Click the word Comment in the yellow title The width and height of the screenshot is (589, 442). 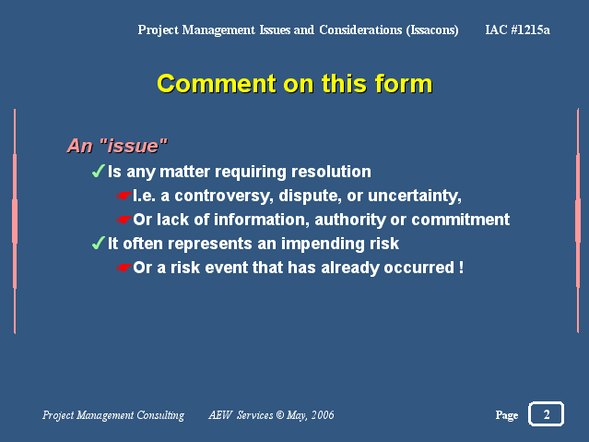(218, 84)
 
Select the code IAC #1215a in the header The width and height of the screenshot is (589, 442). (518, 30)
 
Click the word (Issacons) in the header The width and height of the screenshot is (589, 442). (432, 30)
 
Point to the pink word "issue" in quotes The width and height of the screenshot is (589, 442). (134, 146)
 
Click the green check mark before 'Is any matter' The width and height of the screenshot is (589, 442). (98, 171)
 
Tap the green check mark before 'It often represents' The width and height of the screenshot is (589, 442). (98, 243)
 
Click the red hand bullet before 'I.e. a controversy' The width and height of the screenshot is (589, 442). (124, 196)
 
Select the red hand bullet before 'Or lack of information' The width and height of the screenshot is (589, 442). (124, 220)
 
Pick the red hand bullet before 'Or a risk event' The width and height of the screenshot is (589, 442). (124, 268)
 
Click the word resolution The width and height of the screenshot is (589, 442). (331, 172)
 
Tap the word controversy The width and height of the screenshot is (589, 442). (224, 196)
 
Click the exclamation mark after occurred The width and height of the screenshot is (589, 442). (461, 268)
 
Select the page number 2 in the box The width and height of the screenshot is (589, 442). (547, 414)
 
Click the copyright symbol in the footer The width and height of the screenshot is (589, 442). (280, 415)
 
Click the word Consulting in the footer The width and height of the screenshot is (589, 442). (160, 415)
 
